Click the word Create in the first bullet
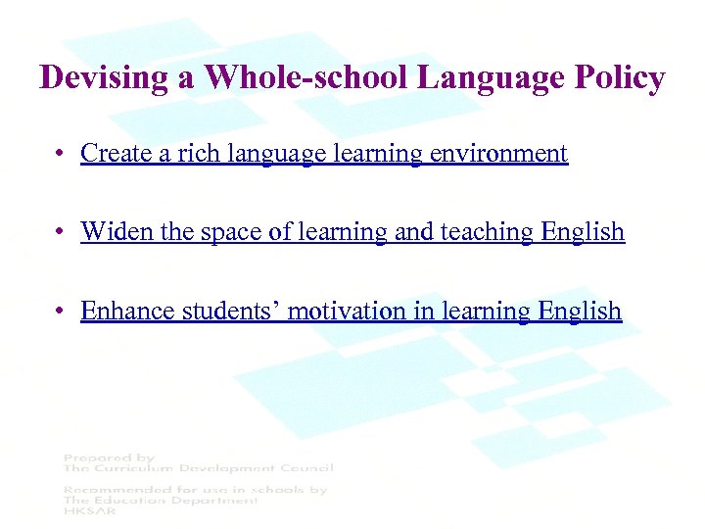(111, 154)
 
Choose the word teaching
(489, 232)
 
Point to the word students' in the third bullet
(221, 311)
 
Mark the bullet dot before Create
(62, 155)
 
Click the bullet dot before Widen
(62, 232)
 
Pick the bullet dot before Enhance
(62, 312)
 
